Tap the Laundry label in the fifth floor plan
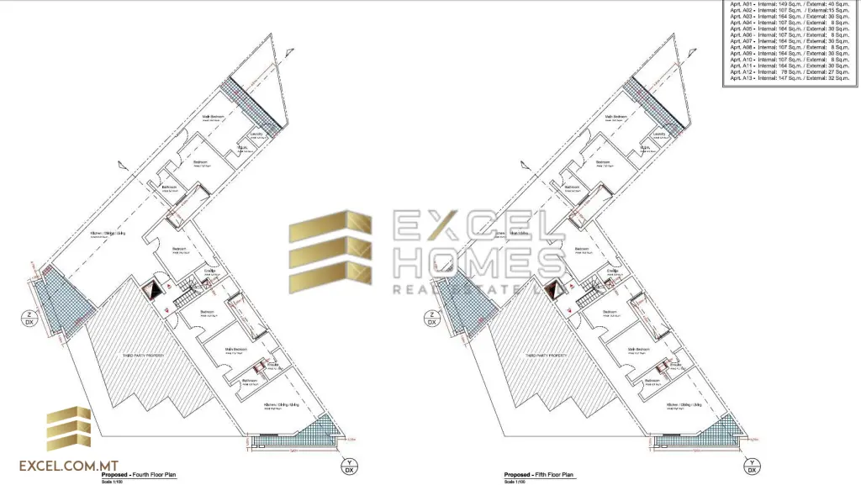coord(659,134)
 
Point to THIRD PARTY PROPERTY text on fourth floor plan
coord(145,356)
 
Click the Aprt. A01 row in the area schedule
coord(790,6)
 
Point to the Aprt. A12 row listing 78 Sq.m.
coord(790,71)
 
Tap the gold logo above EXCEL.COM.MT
coord(69,429)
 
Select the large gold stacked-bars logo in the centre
coord(330,253)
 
